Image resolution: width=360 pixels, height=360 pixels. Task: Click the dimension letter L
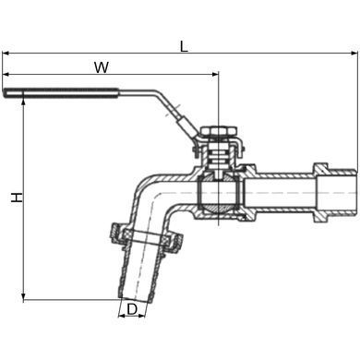tap(184, 46)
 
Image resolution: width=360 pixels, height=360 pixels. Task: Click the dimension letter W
tap(102, 67)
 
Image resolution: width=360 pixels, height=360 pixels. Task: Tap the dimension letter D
tap(132, 309)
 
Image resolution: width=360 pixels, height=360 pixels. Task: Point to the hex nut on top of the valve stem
tap(218, 131)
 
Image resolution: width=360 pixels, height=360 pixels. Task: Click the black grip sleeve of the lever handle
tap(62, 93)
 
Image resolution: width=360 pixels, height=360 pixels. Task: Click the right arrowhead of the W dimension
tap(214, 74)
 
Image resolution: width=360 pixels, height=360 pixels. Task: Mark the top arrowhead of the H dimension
tap(24, 102)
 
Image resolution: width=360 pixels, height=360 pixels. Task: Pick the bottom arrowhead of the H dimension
tap(24, 296)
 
